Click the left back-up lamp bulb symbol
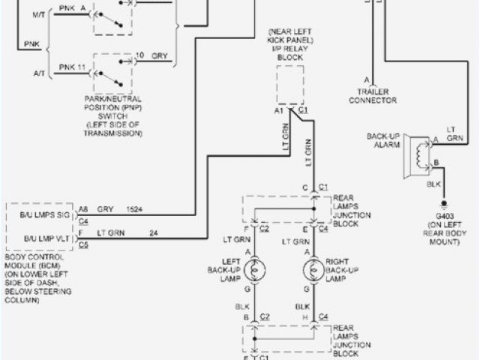(x=255, y=269)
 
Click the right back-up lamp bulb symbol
(x=309, y=269)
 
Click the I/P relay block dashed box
(x=290, y=84)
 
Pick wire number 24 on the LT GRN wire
(x=154, y=232)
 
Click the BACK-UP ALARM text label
(x=383, y=140)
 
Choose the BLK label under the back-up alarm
(x=433, y=183)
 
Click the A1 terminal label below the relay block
(x=280, y=109)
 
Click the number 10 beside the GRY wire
(x=139, y=55)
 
